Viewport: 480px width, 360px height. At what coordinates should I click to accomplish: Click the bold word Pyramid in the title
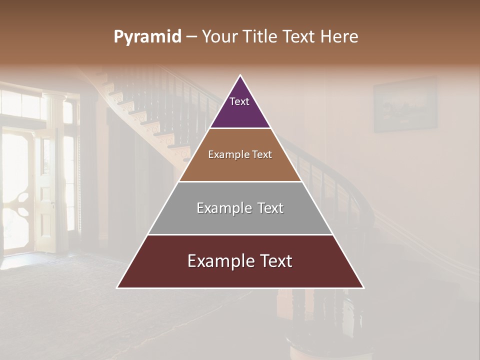(x=147, y=37)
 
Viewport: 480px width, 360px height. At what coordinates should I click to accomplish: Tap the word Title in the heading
(x=263, y=37)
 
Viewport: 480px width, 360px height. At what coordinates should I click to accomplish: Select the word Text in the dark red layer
(x=273, y=261)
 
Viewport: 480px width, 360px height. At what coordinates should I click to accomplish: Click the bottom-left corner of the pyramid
(x=117, y=287)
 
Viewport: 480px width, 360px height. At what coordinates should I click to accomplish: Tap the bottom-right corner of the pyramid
(x=363, y=287)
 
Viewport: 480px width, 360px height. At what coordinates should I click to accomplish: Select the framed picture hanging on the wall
(x=405, y=104)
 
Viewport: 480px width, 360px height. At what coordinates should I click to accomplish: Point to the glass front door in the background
(x=17, y=190)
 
